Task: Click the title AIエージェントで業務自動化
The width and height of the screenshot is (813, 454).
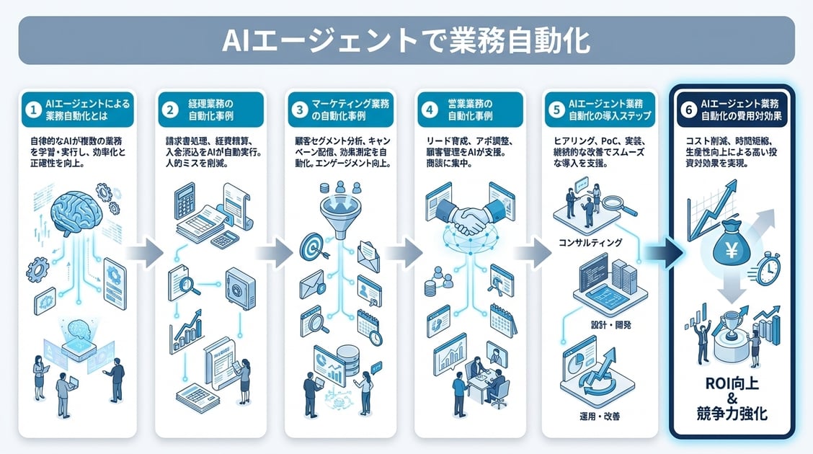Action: coord(406,41)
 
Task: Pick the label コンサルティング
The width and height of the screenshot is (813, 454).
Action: coord(590,243)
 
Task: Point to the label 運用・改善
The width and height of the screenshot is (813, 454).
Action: coord(598,417)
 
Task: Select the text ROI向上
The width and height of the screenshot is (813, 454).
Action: coord(732,383)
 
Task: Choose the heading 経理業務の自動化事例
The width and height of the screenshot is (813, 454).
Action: coord(208,110)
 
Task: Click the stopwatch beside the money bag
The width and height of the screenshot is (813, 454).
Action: coord(768,271)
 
